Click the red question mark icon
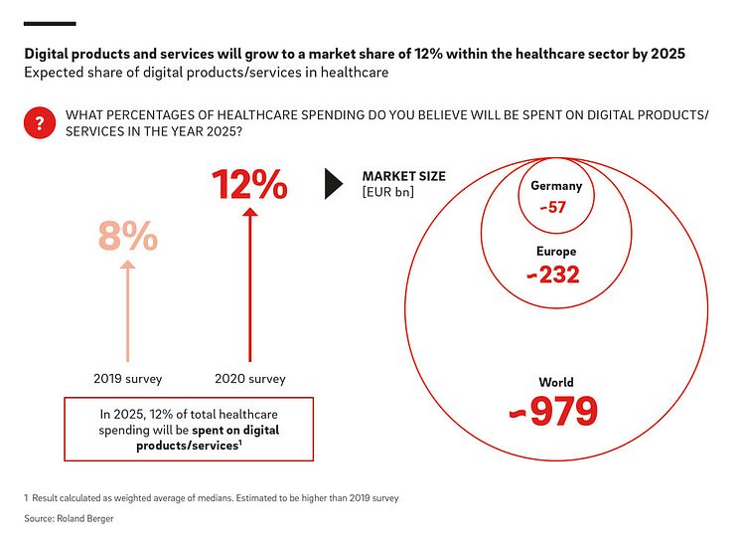pyautogui.click(x=39, y=123)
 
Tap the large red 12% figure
pyautogui.click(x=249, y=185)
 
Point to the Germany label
pyautogui.click(x=555, y=186)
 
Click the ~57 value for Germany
pyautogui.click(x=553, y=208)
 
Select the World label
pyautogui.click(x=556, y=382)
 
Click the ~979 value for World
pyautogui.click(x=554, y=411)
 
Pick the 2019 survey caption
pyautogui.click(x=127, y=378)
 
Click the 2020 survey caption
pyautogui.click(x=249, y=378)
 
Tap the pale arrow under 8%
pyautogui.click(x=127, y=308)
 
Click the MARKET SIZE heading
pyautogui.click(x=403, y=176)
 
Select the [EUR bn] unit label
pyautogui.click(x=387, y=192)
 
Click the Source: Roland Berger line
pyautogui.click(x=71, y=519)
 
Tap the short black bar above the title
pyautogui.click(x=50, y=23)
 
